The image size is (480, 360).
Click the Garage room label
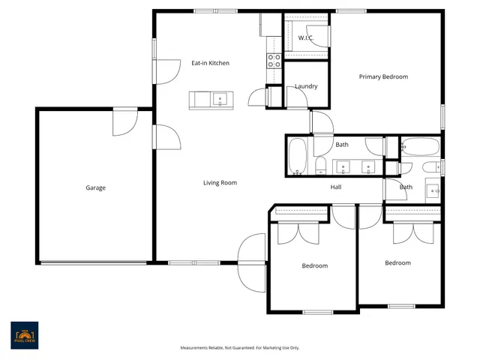tap(95, 187)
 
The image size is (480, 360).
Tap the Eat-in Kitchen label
tap(210, 63)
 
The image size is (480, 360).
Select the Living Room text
tap(220, 182)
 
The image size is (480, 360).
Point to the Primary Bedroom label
tap(383, 76)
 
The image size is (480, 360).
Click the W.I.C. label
tap(305, 37)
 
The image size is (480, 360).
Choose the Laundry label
tap(306, 86)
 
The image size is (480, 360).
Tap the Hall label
tap(336, 187)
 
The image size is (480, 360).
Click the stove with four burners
tap(274, 60)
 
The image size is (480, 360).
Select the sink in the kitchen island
tap(220, 98)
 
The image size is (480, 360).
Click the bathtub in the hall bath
tap(298, 155)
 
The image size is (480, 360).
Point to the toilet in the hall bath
tap(320, 166)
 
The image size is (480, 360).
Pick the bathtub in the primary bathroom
tap(420, 145)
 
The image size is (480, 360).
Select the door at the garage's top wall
tap(124, 122)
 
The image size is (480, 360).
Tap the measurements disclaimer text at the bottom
tap(240, 348)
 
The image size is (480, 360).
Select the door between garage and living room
tap(166, 138)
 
